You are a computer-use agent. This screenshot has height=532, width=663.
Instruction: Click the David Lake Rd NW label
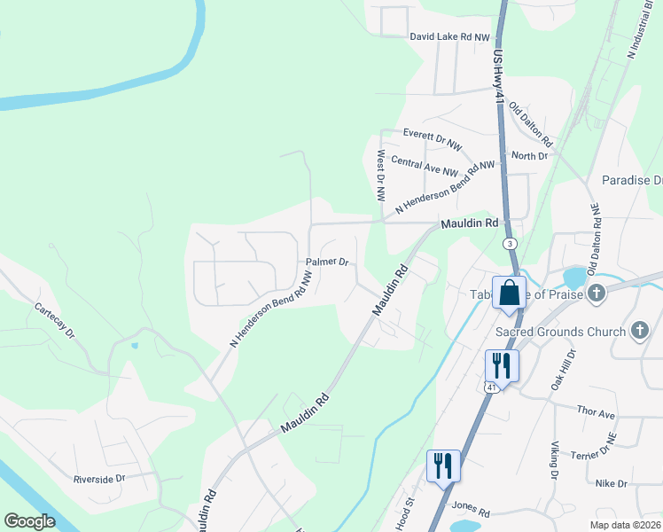pos(449,37)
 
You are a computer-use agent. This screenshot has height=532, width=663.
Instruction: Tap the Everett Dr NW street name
pos(433,138)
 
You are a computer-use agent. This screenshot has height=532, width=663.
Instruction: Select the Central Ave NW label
pos(424,168)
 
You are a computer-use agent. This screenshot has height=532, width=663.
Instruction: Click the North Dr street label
pos(530,156)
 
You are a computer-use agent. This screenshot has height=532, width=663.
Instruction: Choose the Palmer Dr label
pos(328,262)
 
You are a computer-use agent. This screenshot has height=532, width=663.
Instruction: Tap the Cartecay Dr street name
pos(55,321)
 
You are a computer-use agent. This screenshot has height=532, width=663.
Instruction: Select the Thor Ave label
pos(596,414)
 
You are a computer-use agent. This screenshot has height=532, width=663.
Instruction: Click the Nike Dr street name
pos(611,483)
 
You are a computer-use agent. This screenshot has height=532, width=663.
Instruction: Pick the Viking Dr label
pos(552,464)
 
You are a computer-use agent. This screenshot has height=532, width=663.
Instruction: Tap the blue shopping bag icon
pos(510,293)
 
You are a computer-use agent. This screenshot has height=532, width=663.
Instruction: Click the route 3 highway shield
pos(510,243)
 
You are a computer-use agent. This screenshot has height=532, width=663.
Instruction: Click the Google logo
pos(29,521)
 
